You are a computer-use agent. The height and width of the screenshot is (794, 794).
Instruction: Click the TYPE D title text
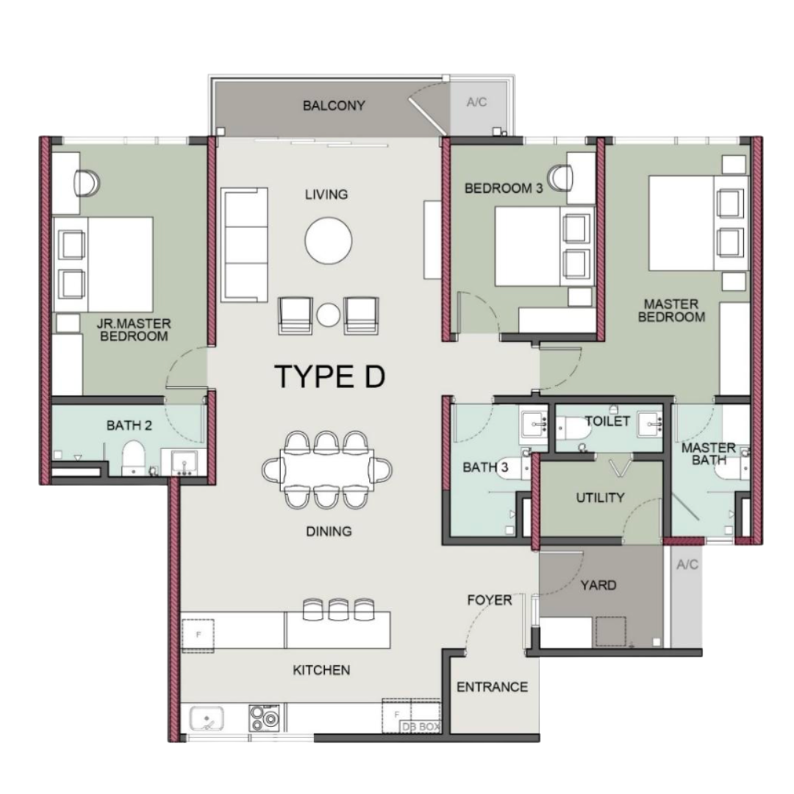pos(329,376)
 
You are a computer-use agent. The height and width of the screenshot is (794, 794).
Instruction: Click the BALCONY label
pos(333,106)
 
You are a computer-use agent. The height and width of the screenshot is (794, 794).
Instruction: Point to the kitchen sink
pos(207,718)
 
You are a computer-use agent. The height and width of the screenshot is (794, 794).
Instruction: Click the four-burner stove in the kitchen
pos(265,718)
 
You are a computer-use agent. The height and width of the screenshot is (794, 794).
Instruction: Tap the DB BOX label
pos(420,726)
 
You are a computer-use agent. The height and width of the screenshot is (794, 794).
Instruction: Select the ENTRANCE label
pos(492,687)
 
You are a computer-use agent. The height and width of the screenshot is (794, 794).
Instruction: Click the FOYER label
pos(490,601)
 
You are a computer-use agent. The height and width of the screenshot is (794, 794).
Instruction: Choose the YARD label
pos(598,586)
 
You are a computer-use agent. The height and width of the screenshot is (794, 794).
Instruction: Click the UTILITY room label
pos(600,498)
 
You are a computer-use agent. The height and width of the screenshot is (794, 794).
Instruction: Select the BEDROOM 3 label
pos(504,189)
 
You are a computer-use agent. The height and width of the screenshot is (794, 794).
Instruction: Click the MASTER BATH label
pos(708,454)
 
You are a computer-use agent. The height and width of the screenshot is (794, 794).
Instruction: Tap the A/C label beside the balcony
pos(477,102)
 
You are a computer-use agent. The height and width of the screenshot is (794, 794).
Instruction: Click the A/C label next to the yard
pos(686,565)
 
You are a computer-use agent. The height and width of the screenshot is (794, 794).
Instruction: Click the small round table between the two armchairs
pos(329,315)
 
